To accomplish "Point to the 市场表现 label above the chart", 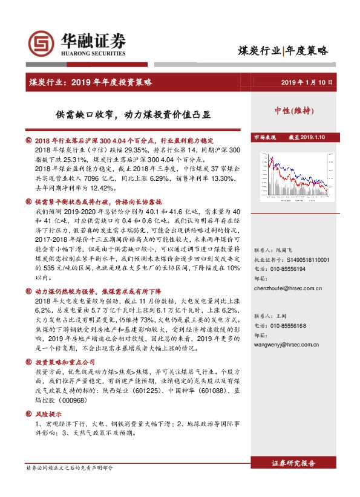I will [x=264, y=138].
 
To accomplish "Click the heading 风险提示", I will [x=48, y=415].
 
